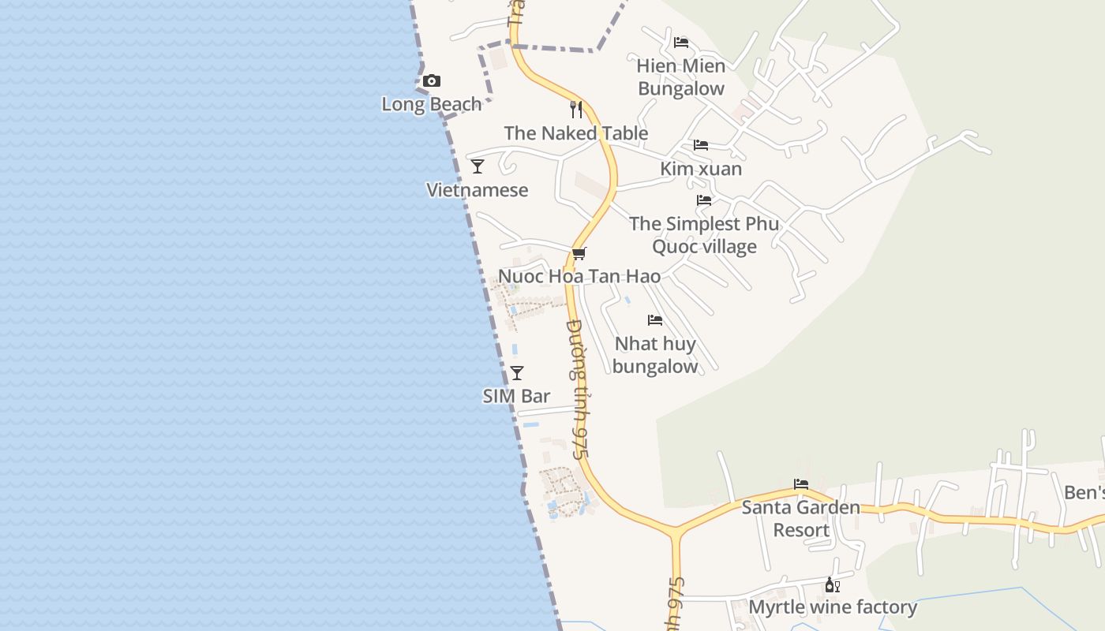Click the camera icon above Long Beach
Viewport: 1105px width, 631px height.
pyautogui.click(x=431, y=81)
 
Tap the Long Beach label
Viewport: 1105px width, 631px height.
pyautogui.click(x=431, y=104)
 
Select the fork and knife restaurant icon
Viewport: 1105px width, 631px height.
pyautogui.click(x=576, y=110)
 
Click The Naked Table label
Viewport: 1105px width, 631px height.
pyautogui.click(x=576, y=133)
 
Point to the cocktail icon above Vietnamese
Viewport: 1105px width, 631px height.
pyautogui.click(x=478, y=166)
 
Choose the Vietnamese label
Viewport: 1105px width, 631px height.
pyautogui.click(x=478, y=190)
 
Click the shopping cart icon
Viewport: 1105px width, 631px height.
pyautogui.click(x=579, y=253)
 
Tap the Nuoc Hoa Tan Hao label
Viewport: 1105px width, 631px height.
pyautogui.click(x=579, y=277)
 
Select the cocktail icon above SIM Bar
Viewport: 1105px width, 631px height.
pyautogui.click(x=517, y=373)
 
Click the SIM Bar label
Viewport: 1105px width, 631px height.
pyautogui.click(x=517, y=396)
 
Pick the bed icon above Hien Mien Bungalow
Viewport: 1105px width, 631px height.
pyautogui.click(x=681, y=43)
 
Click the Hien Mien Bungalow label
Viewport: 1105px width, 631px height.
pyautogui.click(x=681, y=77)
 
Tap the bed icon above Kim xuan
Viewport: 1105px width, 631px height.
pyautogui.click(x=701, y=145)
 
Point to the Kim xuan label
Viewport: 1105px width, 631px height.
pyautogui.click(x=701, y=169)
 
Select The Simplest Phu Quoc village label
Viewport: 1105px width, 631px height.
pyautogui.click(x=704, y=235)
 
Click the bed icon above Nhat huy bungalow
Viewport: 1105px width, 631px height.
pyautogui.click(x=655, y=320)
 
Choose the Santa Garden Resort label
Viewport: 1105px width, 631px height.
pyautogui.click(x=801, y=518)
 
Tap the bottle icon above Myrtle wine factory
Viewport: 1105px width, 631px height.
pyautogui.click(x=832, y=584)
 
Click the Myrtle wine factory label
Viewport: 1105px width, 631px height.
pyautogui.click(x=833, y=607)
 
